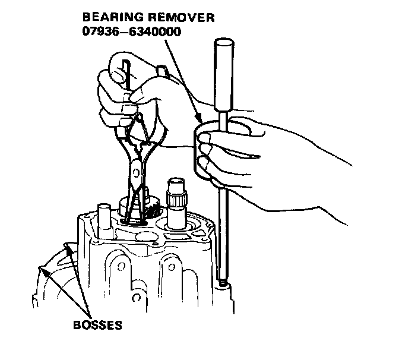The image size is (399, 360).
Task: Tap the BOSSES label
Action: (x=97, y=325)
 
